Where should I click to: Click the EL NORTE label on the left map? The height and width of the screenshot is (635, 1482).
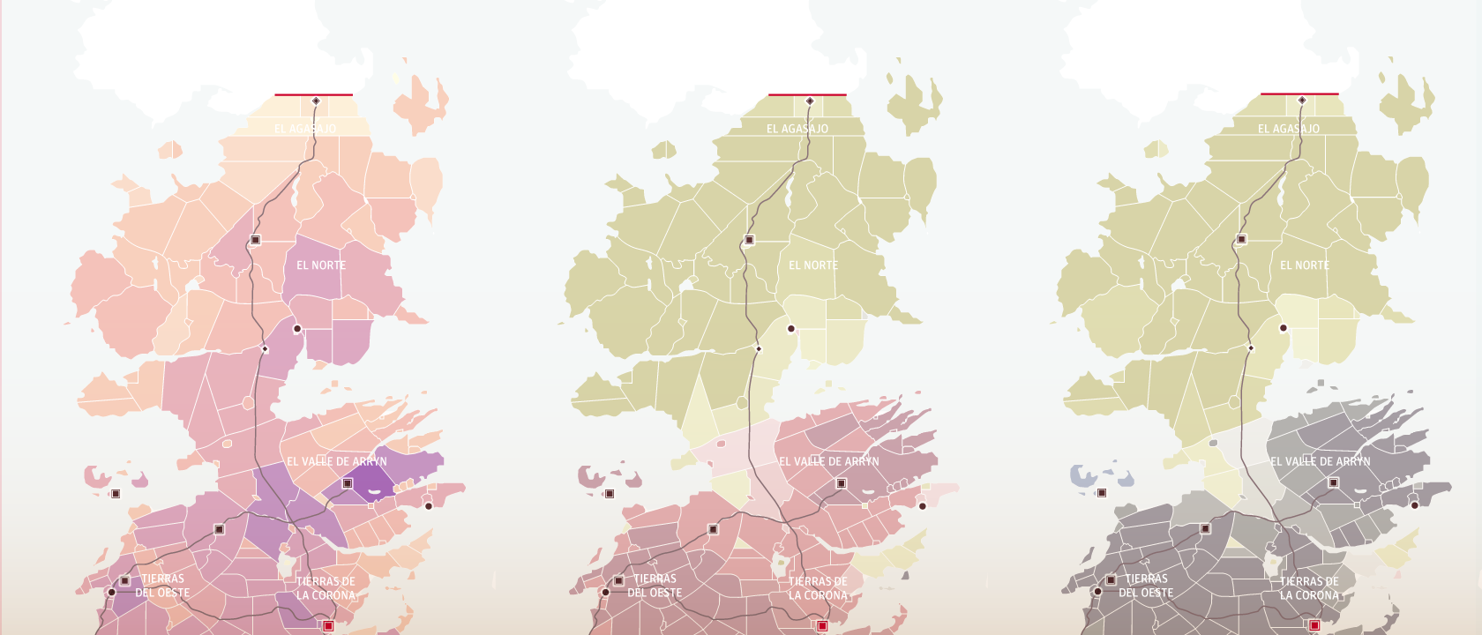(321, 265)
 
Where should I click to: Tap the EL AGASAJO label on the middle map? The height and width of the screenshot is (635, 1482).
(797, 129)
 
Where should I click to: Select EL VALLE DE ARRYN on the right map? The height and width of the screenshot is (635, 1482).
(1321, 461)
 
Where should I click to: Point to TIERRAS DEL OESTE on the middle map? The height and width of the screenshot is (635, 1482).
(655, 586)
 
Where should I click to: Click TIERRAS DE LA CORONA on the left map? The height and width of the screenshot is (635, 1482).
(326, 588)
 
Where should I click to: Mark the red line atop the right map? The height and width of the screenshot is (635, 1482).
(1299, 93)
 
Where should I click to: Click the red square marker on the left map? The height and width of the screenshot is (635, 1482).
(328, 625)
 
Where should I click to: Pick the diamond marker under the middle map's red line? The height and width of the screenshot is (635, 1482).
(809, 101)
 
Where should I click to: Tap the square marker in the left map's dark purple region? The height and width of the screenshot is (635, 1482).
(348, 483)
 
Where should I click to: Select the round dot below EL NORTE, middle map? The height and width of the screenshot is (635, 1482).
(791, 329)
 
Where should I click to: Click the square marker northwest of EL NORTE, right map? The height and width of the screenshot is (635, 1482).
(1241, 239)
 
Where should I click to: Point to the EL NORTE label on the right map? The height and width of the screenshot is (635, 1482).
(1305, 265)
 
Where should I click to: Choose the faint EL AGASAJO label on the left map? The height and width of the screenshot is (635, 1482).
(305, 129)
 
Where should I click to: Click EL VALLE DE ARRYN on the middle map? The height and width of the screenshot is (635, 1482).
(829, 461)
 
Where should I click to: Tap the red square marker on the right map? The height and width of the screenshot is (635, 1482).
(1314, 625)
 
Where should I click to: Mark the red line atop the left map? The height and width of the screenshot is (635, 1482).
(313, 94)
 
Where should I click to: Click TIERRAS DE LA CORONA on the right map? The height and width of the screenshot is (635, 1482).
(1309, 588)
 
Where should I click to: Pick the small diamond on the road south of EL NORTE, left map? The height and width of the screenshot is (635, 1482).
(265, 349)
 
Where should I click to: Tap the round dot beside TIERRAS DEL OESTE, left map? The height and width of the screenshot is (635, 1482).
(112, 592)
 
